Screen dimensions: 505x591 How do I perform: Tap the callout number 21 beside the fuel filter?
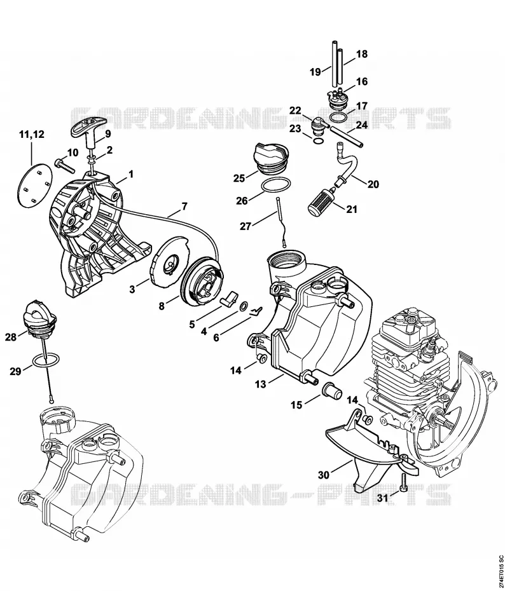(352, 209)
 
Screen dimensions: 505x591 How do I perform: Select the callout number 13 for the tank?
(261, 384)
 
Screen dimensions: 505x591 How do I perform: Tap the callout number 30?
(324, 475)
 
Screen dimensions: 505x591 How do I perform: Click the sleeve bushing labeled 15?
(331, 389)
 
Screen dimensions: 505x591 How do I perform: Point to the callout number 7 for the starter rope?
(184, 206)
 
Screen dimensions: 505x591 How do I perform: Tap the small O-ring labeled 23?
(318, 141)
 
